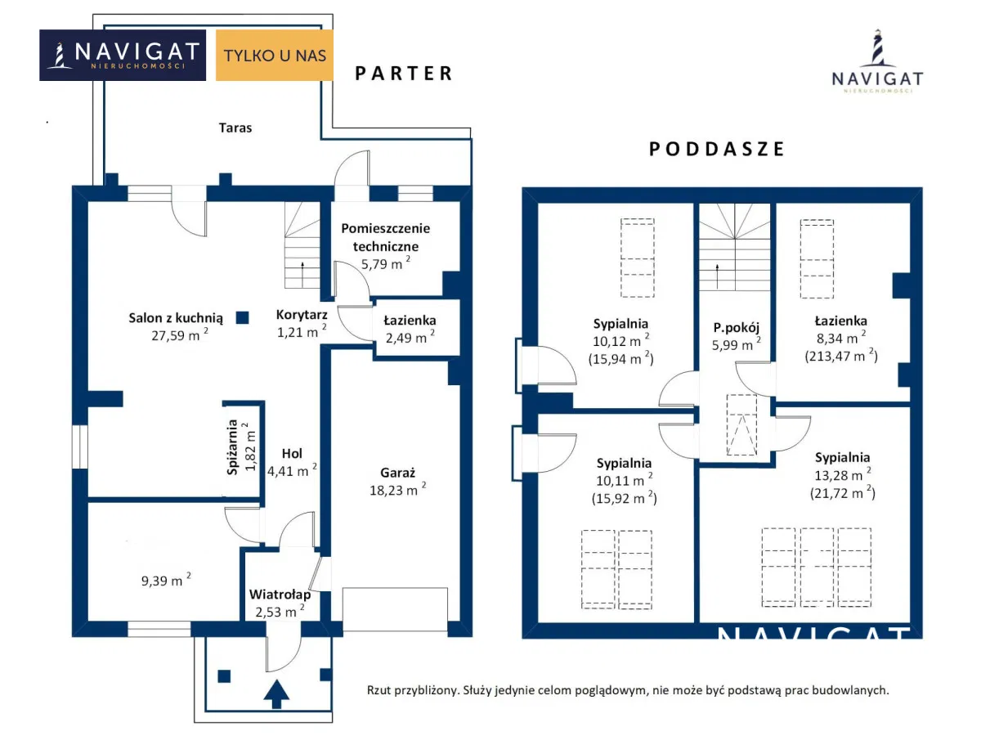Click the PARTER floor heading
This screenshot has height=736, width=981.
[x=404, y=74]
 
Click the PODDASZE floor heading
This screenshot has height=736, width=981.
[x=716, y=150]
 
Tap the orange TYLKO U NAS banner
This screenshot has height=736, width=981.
[x=275, y=56]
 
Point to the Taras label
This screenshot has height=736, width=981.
[x=235, y=128]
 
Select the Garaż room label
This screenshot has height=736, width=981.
[x=397, y=473]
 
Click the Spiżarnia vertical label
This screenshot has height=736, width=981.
[x=232, y=447]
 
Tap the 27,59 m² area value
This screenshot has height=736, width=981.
[x=180, y=334]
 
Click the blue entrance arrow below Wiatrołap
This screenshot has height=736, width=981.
[x=276, y=694]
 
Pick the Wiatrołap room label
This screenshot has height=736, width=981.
[x=280, y=595]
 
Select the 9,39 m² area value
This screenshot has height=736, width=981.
[x=166, y=580]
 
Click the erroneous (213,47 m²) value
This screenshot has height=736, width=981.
[x=841, y=357]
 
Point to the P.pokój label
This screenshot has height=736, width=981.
[x=736, y=328]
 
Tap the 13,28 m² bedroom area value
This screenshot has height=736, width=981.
[x=843, y=474]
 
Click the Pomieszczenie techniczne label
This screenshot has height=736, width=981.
[x=385, y=237]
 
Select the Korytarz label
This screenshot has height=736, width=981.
[x=302, y=315]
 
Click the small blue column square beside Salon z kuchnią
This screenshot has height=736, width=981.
[x=242, y=318]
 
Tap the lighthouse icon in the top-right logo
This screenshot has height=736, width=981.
[x=878, y=48]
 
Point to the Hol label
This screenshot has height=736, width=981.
[x=292, y=454]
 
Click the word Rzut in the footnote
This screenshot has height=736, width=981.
[x=378, y=690]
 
